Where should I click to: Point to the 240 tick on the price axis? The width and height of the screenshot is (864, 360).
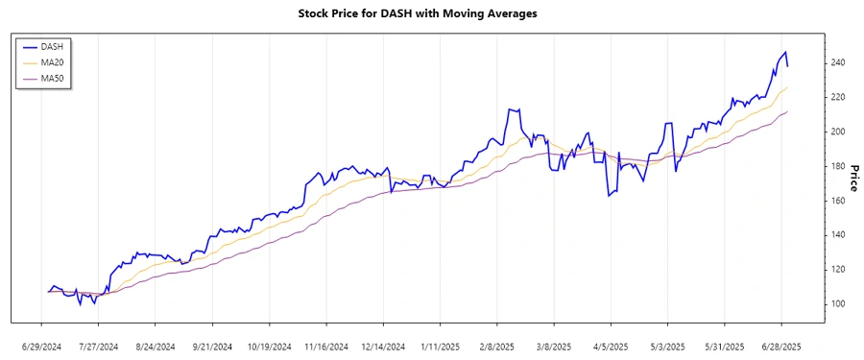(838, 63)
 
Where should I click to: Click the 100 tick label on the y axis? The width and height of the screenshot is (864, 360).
(838, 304)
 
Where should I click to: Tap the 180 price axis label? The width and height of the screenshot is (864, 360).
(838, 166)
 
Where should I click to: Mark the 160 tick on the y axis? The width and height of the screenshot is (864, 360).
(838, 201)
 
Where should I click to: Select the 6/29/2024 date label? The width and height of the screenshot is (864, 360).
(41, 346)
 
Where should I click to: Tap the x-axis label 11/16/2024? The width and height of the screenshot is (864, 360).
(325, 346)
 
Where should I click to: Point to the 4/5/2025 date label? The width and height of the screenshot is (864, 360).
(611, 346)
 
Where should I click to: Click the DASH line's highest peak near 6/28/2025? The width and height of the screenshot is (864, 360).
(784, 52)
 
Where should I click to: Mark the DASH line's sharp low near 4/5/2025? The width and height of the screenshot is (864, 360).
(609, 196)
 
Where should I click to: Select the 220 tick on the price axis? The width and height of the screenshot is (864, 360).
(838, 98)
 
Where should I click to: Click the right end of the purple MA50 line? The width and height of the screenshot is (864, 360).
(787, 111)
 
